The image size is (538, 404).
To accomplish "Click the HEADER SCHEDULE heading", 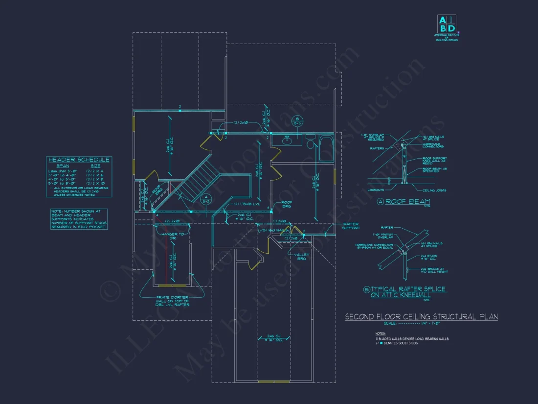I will click(x=78, y=160).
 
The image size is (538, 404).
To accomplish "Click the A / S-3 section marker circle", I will click(x=205, y=198).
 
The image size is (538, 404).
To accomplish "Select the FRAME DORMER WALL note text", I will click(x=173, y=301).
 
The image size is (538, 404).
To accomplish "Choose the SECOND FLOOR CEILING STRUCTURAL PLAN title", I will click(x=421, y=317).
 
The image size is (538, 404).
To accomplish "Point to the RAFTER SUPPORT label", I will click(x=351, y=226).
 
